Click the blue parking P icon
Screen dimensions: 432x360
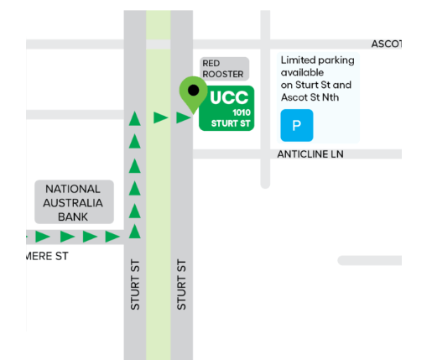point(297,125)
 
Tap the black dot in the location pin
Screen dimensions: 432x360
point(194,90)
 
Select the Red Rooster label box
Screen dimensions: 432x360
point(224,69)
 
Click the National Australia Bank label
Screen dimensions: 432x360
point(74,202)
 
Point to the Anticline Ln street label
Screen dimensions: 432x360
point(310,154)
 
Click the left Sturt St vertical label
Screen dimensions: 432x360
point(135,284)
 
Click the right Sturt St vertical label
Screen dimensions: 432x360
point(181,284)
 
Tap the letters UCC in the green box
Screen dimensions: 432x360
point(229,97)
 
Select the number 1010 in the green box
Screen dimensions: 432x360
point(242,112)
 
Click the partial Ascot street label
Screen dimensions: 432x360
point(387,44)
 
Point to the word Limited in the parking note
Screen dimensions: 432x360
point(297,60)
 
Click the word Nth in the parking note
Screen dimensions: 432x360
point(331,97)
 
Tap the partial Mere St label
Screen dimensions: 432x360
point(47,256)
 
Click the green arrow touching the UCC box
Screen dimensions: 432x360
point(184,117)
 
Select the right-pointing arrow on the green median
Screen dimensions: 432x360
point(161,117)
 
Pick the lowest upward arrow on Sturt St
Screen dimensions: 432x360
point(135,232)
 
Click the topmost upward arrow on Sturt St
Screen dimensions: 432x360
point(135,118)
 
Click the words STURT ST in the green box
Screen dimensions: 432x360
point(231,123)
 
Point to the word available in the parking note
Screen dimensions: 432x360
point(302,72)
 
